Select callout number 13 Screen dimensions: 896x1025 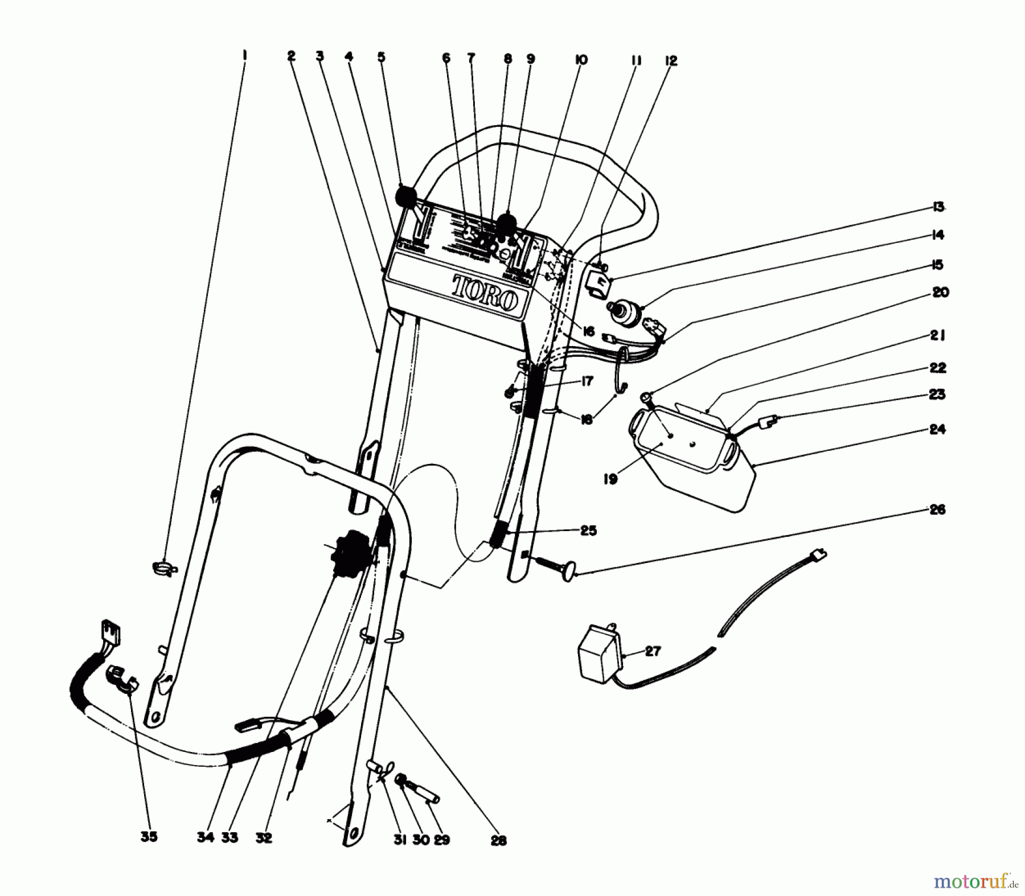tap(938, 207)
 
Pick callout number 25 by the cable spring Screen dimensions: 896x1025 tap(588, 531)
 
